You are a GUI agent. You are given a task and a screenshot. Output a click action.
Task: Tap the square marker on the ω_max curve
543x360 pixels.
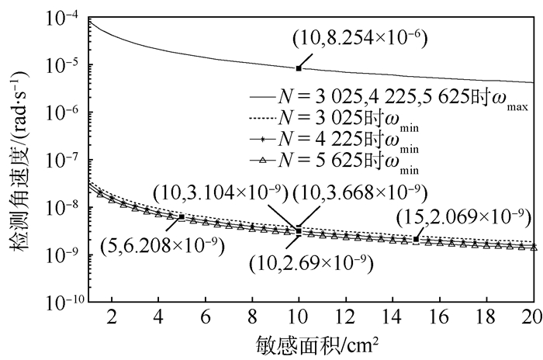click(299, 68)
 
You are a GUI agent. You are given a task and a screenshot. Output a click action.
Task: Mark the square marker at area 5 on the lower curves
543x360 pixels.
click(182, 216)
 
